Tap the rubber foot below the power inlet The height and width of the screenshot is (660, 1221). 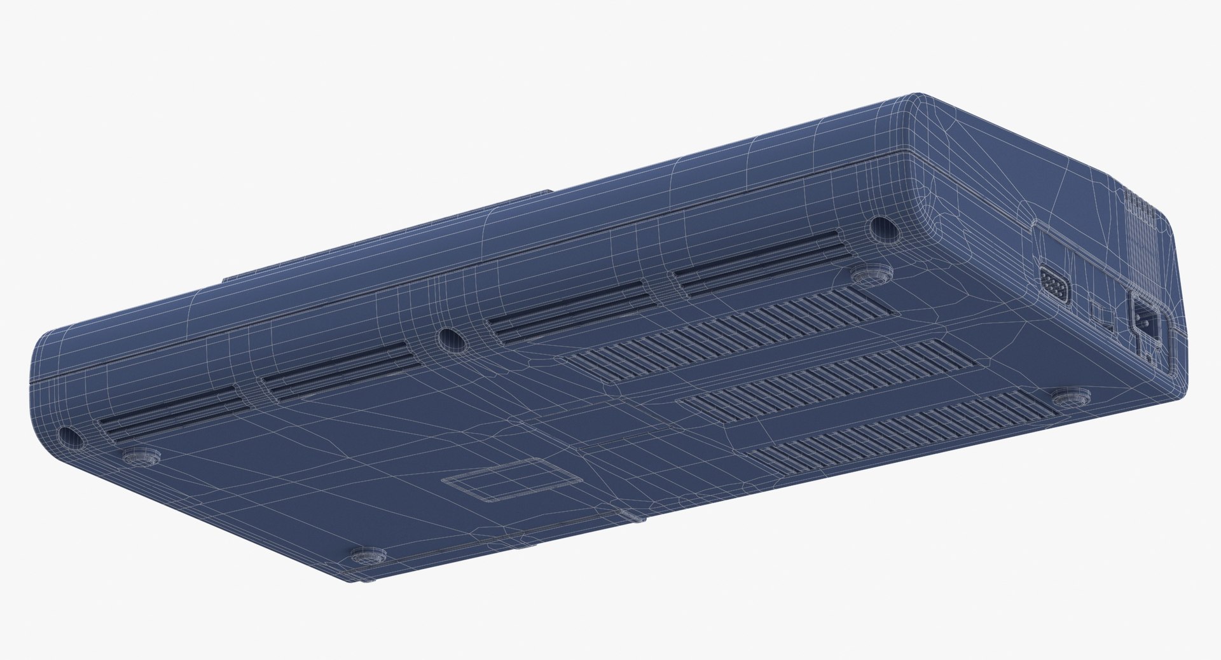(x=1070, y=398)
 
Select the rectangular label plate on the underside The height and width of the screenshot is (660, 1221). (x=511, y=479)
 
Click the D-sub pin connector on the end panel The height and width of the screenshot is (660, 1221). (x=1054, y=285)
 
